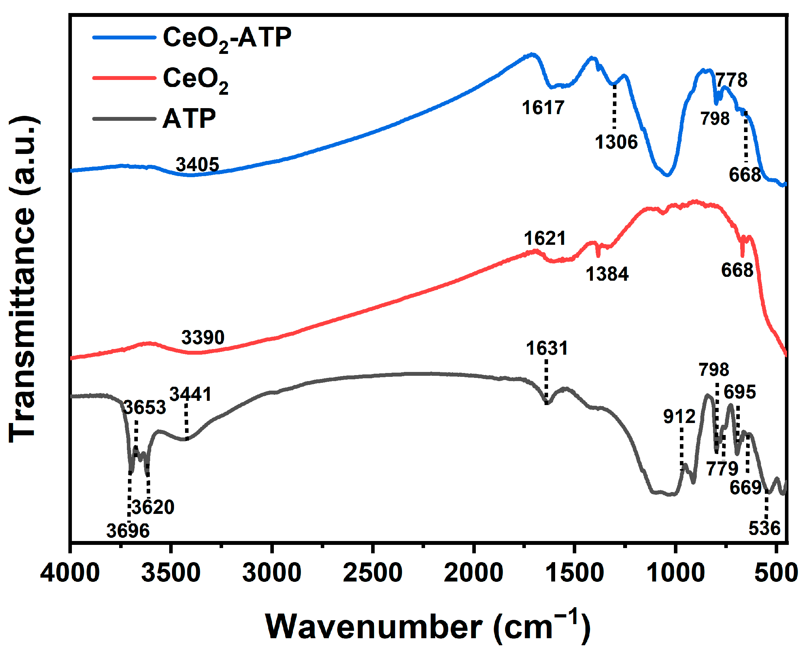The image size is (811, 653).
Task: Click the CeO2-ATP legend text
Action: click(x=227, y=38)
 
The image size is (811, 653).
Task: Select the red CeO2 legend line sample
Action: click(x=124, y=78)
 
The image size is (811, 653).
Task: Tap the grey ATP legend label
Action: click(x=189, y=119)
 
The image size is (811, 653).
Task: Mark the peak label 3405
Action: click(x=197, y=165)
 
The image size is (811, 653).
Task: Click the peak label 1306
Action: click(x=616, y=142)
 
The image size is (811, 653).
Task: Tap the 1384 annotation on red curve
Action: click(x=607, y=274)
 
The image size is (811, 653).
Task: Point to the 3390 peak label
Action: click(x=203, y=337)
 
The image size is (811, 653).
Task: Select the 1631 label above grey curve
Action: click(x=546, y=348)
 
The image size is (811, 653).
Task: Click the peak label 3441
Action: click(x=190, y=394)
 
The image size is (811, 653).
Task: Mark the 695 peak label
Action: click(x=739, y=392)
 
